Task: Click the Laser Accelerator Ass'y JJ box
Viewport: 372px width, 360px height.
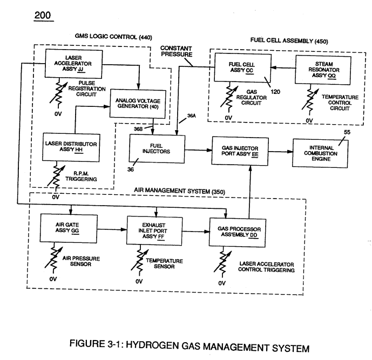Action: tap(74, 64)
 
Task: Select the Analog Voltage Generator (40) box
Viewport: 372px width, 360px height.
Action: tap(138, 104)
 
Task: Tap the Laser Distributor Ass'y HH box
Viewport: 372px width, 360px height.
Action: tap(71, 147)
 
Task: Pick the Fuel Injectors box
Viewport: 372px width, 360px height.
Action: tap(157, 149)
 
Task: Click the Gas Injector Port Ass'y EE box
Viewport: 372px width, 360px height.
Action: tap(240, 151)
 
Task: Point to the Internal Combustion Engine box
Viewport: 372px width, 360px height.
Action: tap(320, 153)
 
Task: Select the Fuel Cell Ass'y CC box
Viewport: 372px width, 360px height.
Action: tap(242, 67)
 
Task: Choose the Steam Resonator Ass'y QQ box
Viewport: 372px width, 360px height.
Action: tap(323, 70)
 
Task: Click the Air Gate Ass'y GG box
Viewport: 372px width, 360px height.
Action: tap(69, 228)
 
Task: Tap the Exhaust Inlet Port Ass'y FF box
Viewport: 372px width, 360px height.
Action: tap(154, 230)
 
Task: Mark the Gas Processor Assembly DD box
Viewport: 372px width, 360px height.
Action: tap(238, 233)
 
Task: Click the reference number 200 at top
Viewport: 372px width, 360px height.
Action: tap(43, 16)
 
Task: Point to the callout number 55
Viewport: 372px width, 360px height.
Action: tap(347, 132)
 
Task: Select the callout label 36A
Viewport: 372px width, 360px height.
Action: tap(192, 116)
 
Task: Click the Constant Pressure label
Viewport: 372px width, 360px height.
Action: tap(176, 51)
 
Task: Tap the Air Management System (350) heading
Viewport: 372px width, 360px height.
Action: tap(179, 191)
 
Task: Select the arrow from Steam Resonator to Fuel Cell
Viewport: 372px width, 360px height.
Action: tap(283, 68)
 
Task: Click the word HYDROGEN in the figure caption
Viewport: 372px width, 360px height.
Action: tap(152, 345)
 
